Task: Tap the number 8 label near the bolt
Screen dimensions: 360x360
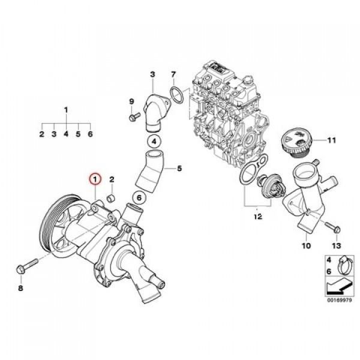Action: tap(20, 289)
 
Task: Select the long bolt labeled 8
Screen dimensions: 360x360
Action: tap(27, 266)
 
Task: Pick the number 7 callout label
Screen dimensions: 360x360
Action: tap(173, 75)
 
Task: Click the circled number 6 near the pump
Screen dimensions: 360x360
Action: tap(137, 197)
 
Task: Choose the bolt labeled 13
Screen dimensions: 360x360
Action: tap(331, 227)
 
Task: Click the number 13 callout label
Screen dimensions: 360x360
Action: tap(335, 247)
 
